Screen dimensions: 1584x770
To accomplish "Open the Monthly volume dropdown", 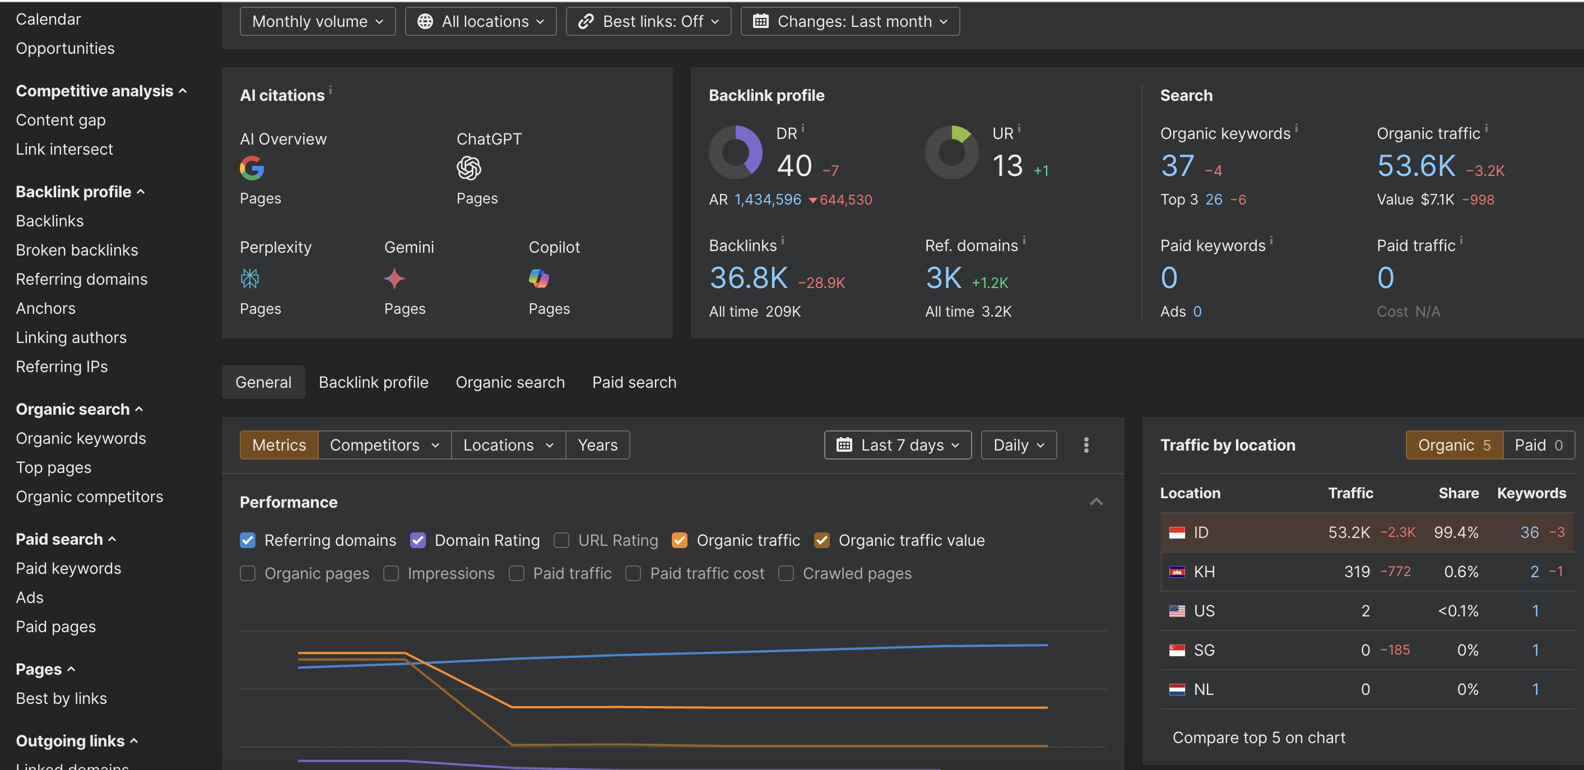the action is click(x=317, y=21).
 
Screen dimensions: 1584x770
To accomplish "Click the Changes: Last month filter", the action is click(x=850, y=21).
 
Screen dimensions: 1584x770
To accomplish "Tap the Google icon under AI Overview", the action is click(x=252, y=168).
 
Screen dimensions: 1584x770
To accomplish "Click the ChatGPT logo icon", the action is click(x=468, y=168).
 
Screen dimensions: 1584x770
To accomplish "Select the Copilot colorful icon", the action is click(x=538, y=279).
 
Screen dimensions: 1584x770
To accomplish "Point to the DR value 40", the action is click(x=795, y=165).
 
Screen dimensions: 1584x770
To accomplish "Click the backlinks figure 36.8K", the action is click(x=749, y=278).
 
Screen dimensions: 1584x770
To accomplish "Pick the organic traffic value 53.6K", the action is click(x=1416, y=165).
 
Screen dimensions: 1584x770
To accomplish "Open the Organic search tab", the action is click(x=510, y=382).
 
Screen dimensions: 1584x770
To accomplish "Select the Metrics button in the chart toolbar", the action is click(x=279, y=444).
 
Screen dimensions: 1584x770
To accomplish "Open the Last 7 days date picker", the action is click(x=898, y=444).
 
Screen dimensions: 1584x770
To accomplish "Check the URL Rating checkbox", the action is click(x=561, y=540).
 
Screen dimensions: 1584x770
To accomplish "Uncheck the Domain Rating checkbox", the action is click(x=417, y=540).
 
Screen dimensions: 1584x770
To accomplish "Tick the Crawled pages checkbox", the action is click(x=786, y=573).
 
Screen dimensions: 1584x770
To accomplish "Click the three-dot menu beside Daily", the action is click(x=1086, y=444).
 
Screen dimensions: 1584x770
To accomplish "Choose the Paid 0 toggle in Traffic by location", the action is click(x=1539, y=444).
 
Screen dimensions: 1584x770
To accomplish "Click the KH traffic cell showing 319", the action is click(x=1357, y=572).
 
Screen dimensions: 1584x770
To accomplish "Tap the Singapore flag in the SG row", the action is click(x=1176, y=650).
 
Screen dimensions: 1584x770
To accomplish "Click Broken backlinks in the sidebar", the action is click(x=77, y=250).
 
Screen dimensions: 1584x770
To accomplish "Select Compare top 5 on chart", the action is click(x=1258, y=737).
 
